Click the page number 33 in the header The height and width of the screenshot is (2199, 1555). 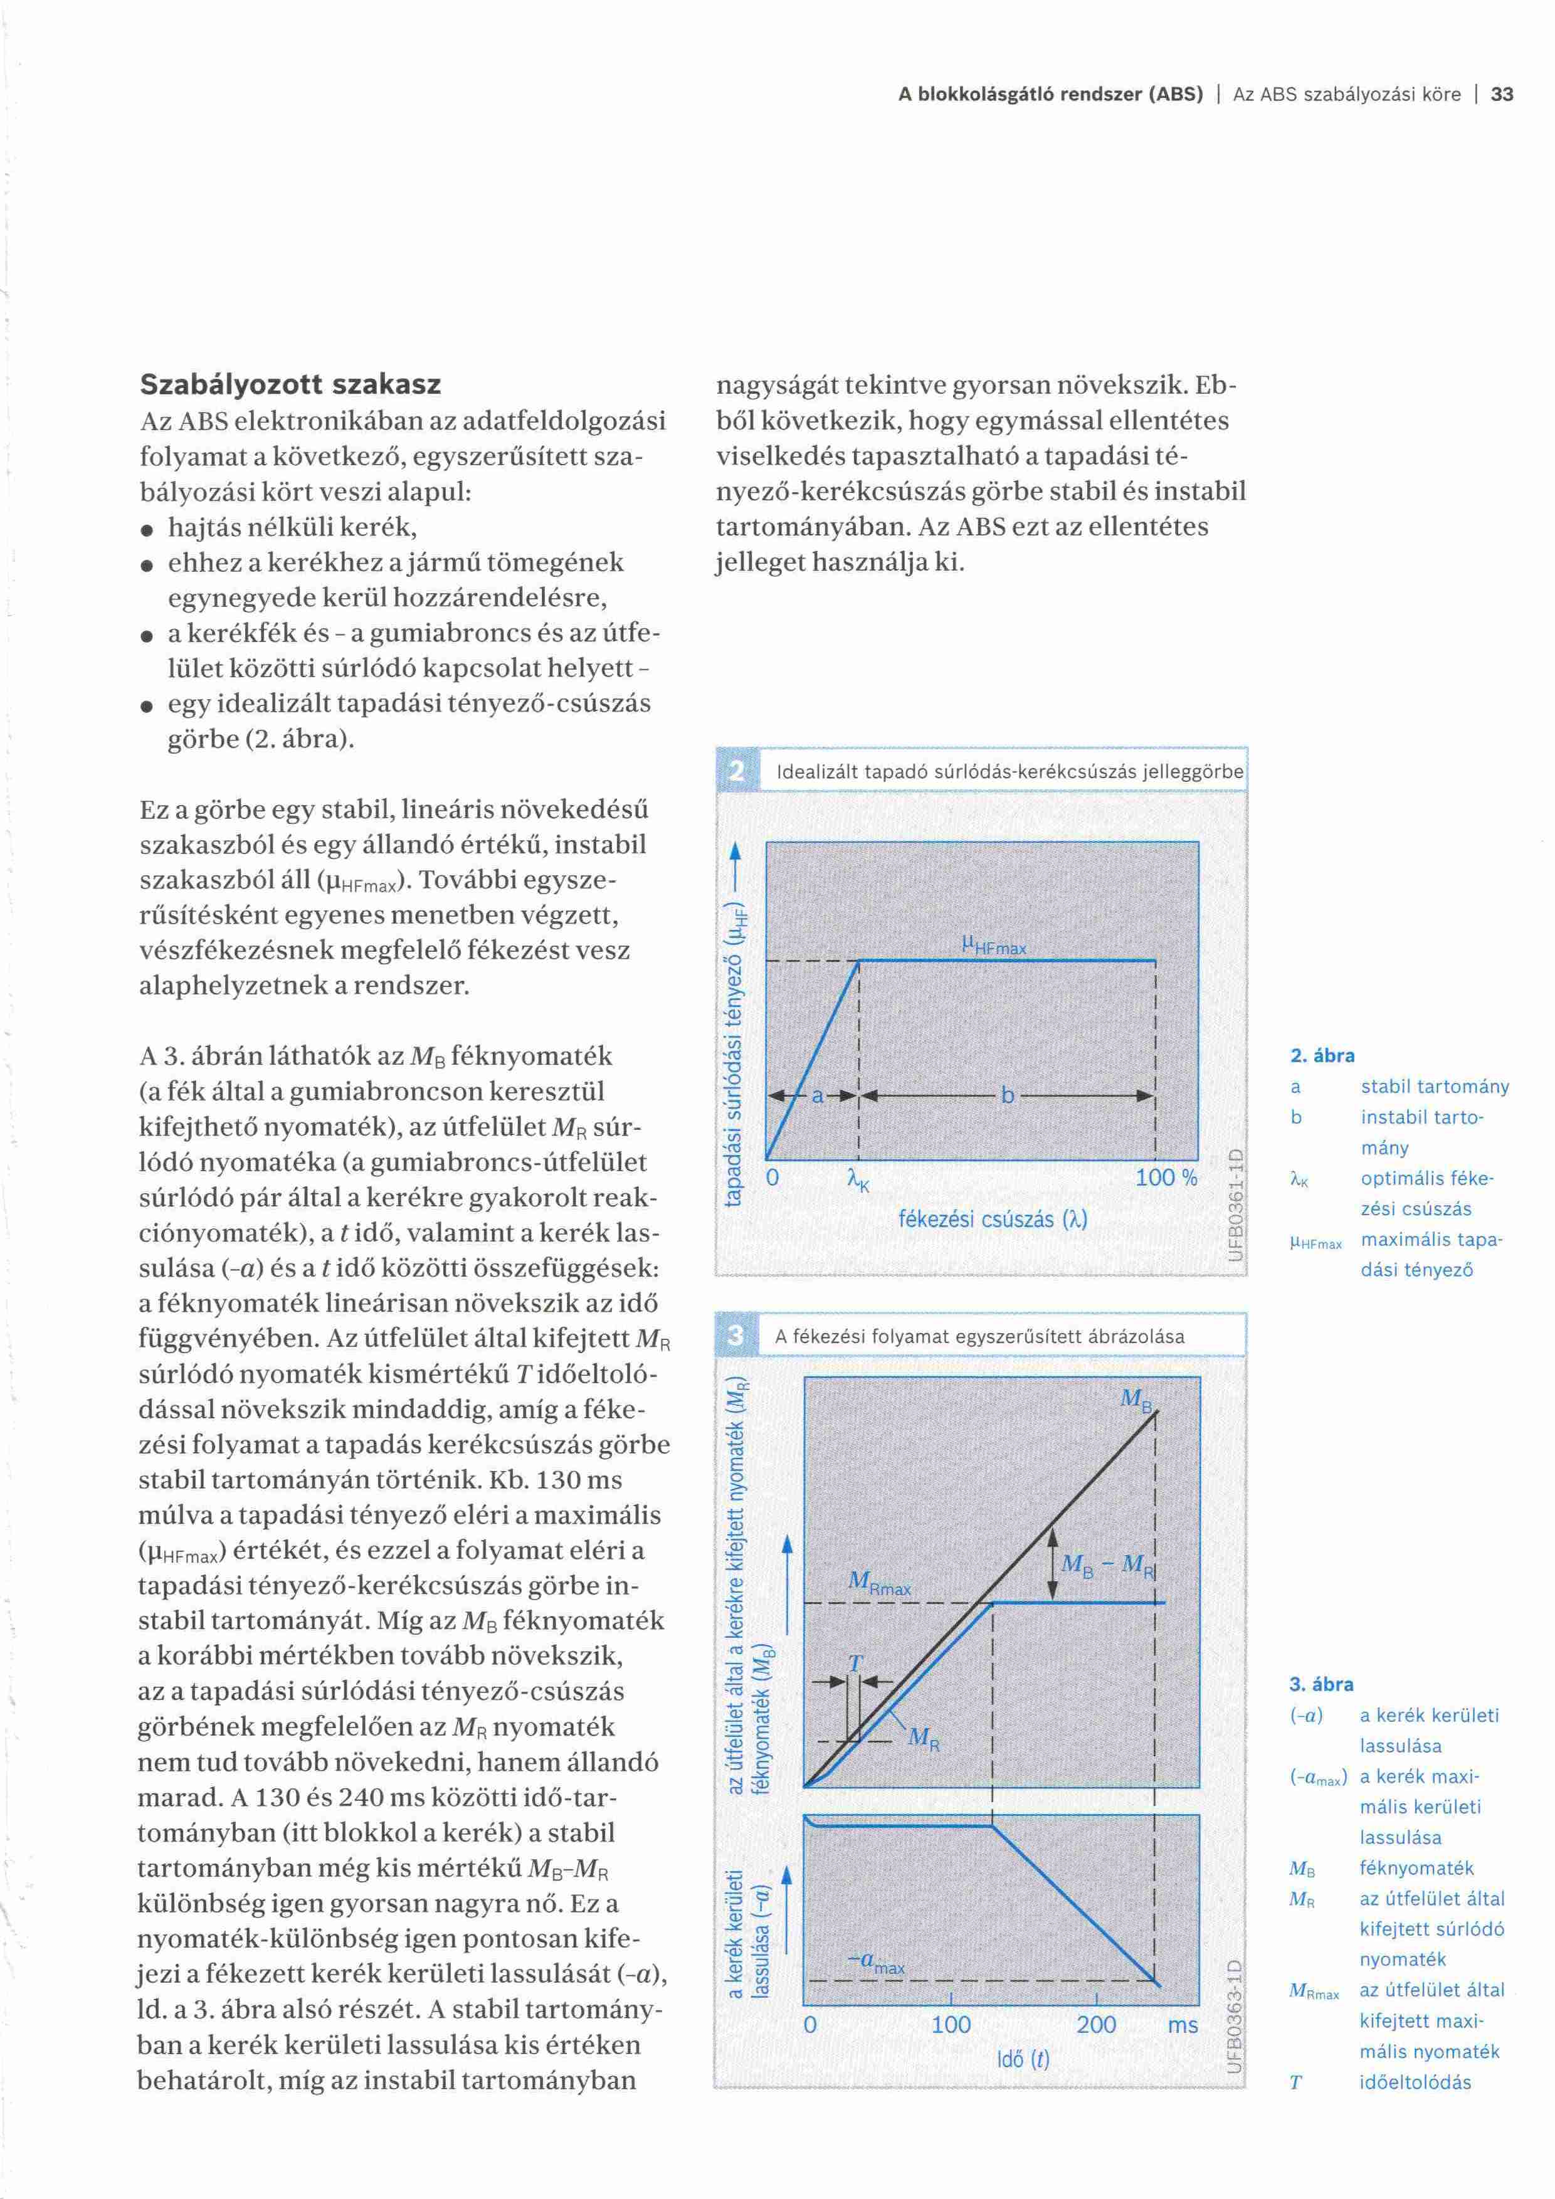[x=1501, y=94]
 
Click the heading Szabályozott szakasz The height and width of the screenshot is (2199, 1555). [x=290, y=384]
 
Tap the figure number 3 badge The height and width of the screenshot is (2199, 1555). [x=736, y=1335]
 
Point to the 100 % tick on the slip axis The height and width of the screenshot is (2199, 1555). [x=1165, y=1177]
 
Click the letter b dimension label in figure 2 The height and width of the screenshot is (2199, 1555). [x=1008, y=1095]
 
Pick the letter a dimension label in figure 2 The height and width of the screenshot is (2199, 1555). [x=818, y=1095]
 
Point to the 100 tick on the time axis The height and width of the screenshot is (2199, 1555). [x=951, y=2023]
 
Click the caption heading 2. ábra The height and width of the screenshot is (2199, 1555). [x=1322, y=1055]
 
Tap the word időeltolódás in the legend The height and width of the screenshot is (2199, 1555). [x=1415, y=2081]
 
